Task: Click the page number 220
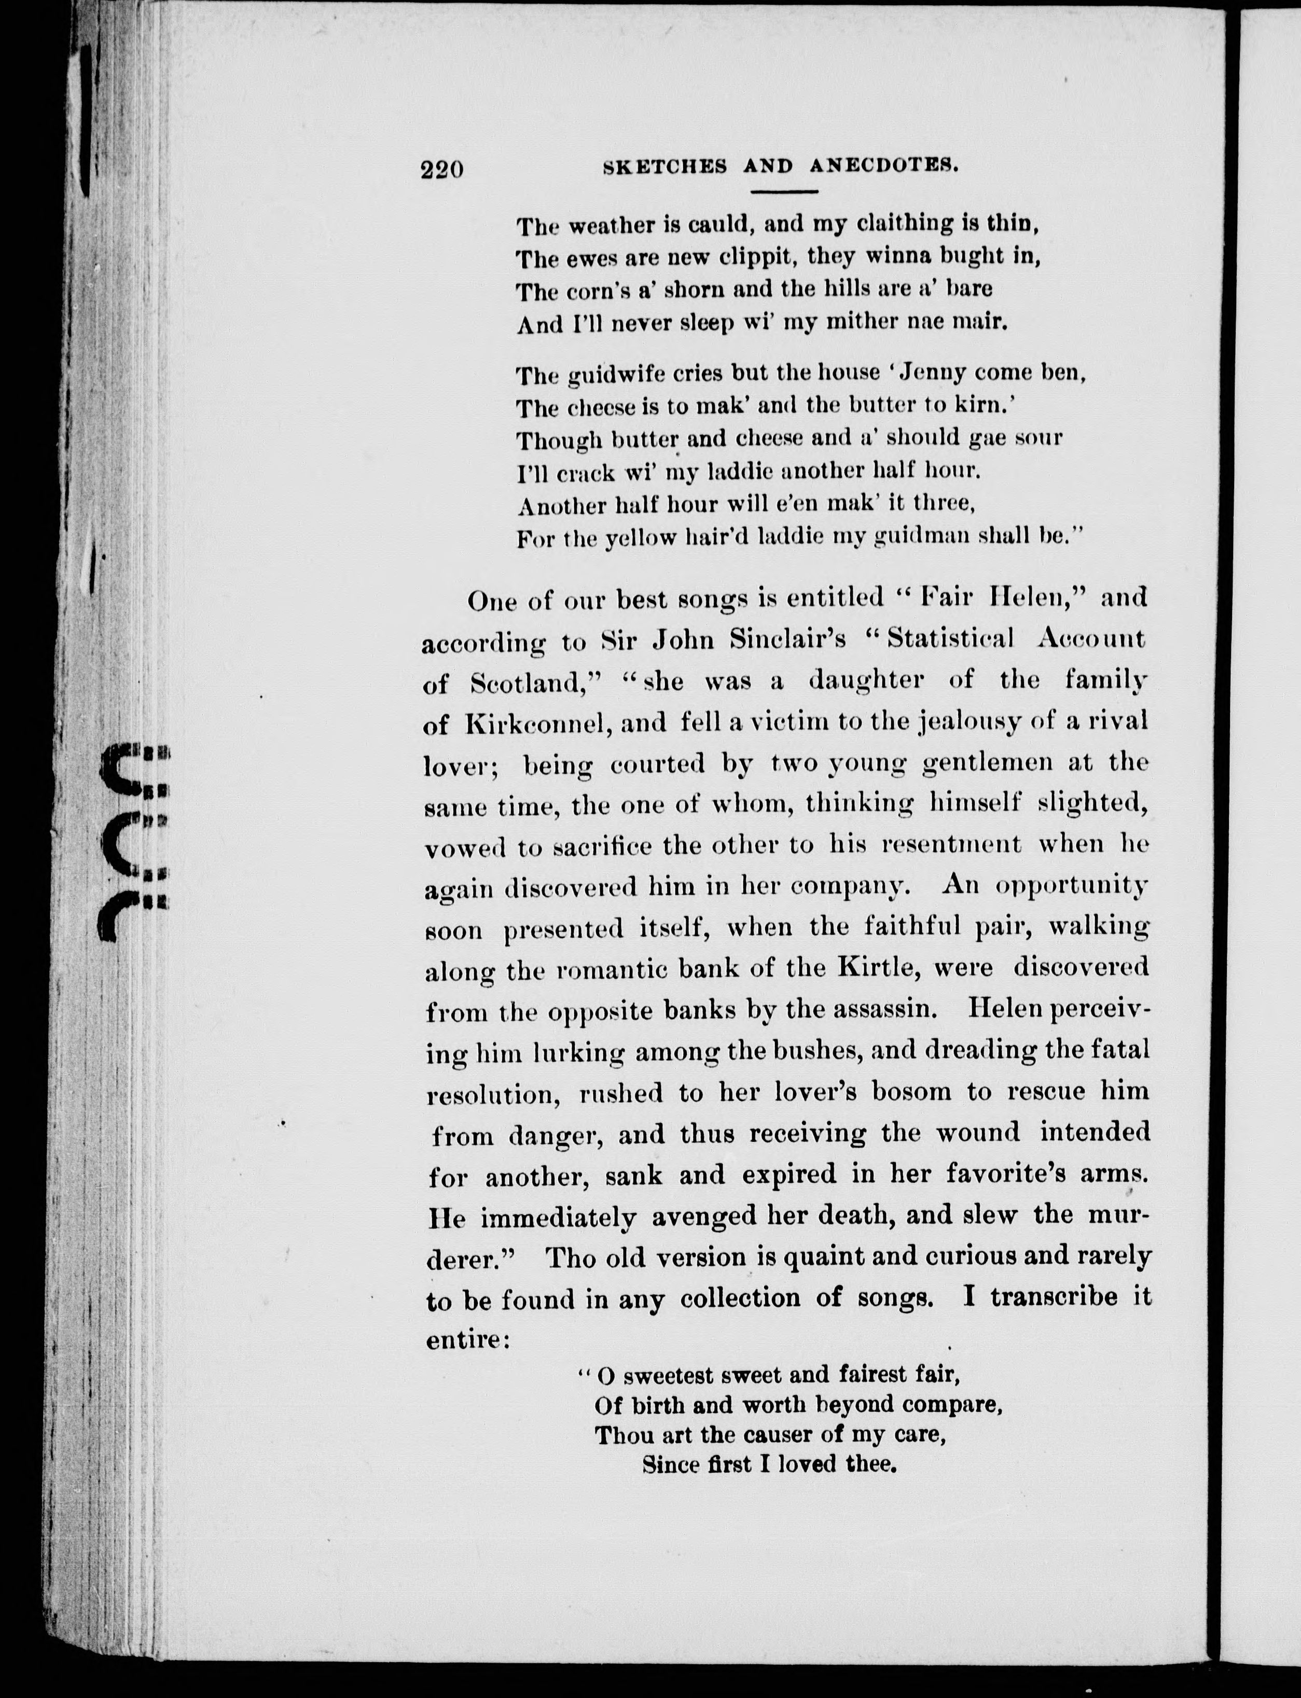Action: click(442, 169)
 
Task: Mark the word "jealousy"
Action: click(970, 722)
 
